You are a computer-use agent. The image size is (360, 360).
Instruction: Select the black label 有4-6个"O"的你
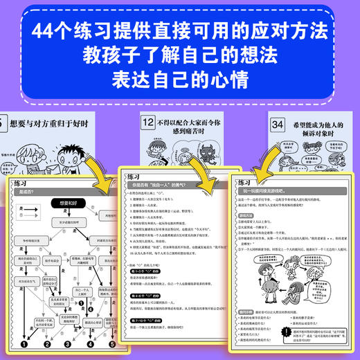pyautogui.click(x=143, y=296)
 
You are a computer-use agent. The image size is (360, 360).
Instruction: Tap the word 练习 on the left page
pyautogui.click(x=25, y=181)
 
